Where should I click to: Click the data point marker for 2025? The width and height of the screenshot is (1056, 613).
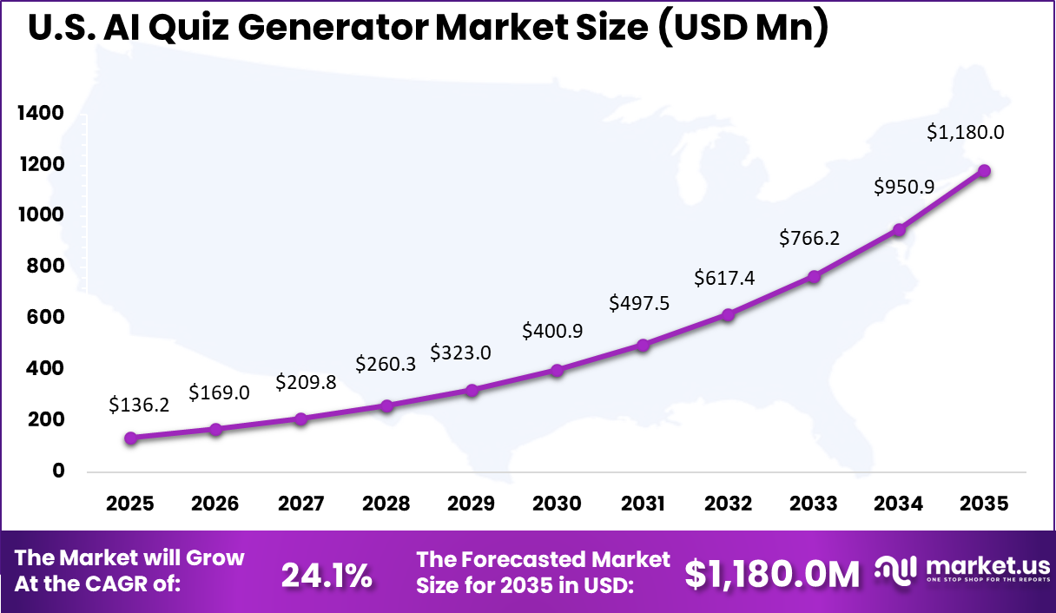pos(130,438)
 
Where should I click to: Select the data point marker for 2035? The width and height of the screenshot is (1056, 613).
pos(984,171)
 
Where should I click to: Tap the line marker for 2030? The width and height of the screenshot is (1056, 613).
pos(557,371)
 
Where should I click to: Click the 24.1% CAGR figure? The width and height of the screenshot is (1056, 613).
pos(327,573)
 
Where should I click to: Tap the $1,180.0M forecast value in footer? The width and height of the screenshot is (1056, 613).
pos(772,573)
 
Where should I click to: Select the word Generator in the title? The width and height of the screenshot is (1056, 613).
pos(333,28)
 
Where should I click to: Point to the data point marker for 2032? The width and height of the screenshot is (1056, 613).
pos(728,315)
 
